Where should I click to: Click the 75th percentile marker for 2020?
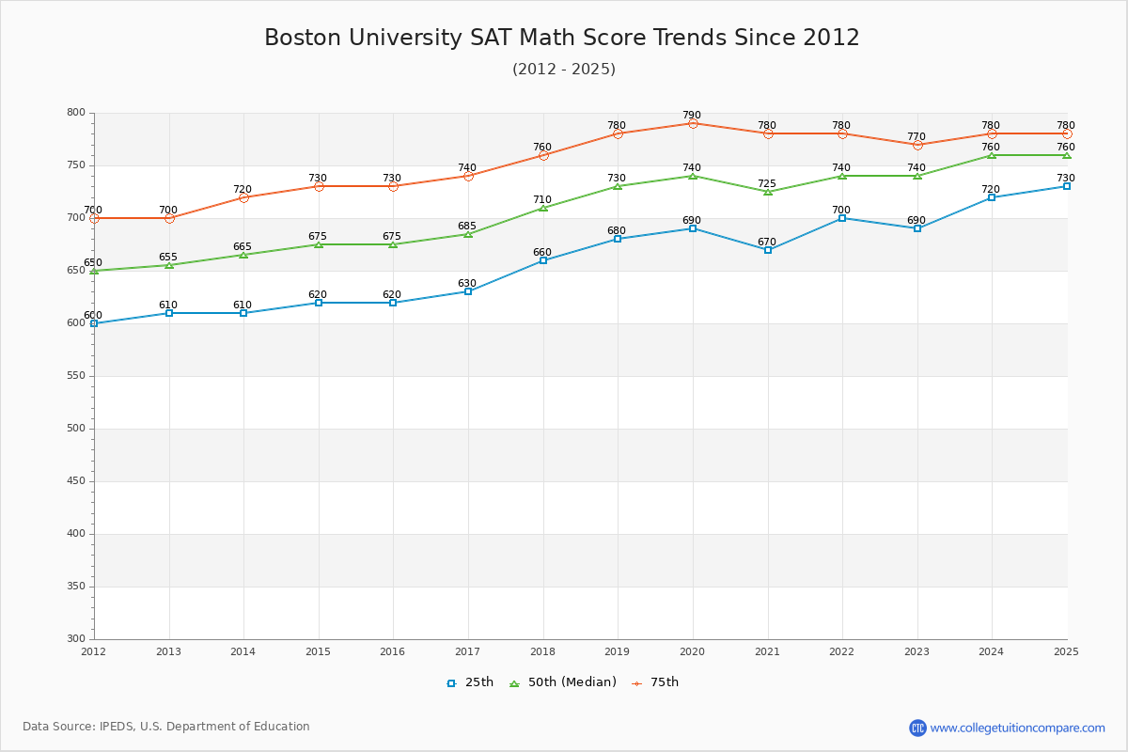[693, 123]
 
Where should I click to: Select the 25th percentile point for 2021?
[768, 250]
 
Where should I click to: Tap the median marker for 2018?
[543, 208]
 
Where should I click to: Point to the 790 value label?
[692, 116]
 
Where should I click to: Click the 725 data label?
[767, 184]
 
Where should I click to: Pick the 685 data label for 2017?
[467, 227]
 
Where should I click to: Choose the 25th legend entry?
[470, 682]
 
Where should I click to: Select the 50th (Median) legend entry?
[563, 682]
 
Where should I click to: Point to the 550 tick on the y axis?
[75, 376]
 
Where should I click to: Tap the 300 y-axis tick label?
[75, 639]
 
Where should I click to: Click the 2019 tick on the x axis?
[617, 651]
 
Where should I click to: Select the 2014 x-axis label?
[243, 651]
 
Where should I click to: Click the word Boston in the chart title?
[305, 38]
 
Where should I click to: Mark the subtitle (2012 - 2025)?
[564, 70]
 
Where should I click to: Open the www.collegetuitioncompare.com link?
[1017, 728]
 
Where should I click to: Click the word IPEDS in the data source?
[117, 727]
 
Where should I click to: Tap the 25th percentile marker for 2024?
[992, 197]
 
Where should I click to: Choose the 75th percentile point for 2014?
[243, 197]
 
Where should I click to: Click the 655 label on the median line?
[168, 258]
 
